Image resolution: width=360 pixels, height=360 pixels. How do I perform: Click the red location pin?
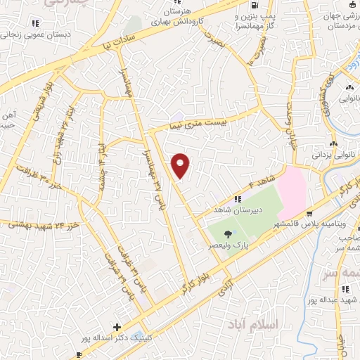[x=181, y=165]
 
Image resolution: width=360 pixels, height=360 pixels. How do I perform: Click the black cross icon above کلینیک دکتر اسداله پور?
[x=117, y=327]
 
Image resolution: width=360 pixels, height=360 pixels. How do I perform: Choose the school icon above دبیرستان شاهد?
[x=238, y=199]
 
